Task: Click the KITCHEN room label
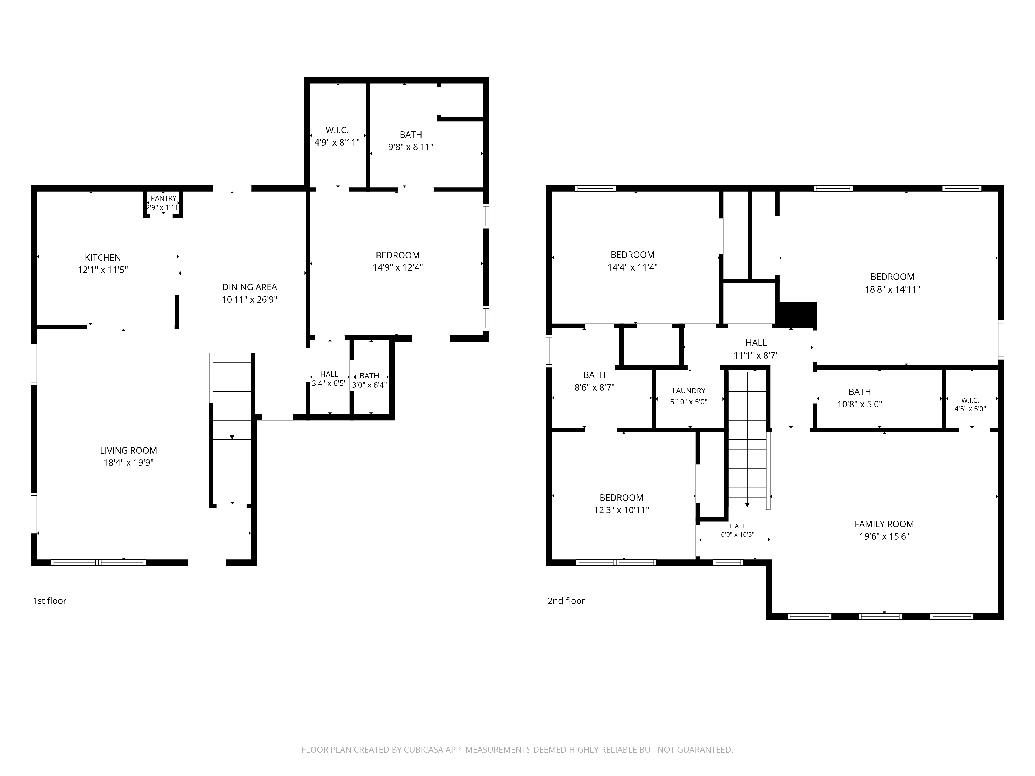103,258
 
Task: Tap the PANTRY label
163,198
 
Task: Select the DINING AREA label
249,287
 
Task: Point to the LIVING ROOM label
128,450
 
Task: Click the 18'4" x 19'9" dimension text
128,463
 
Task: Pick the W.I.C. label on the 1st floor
337,130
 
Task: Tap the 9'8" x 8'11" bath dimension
411,147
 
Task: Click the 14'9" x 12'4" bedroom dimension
398,267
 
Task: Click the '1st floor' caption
50,601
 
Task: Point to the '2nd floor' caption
566,601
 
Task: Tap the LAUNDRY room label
689,391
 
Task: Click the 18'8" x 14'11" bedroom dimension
892,289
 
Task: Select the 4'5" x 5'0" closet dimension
970,409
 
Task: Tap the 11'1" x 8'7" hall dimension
756,355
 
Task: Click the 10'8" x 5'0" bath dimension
860,404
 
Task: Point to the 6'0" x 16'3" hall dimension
738,535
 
